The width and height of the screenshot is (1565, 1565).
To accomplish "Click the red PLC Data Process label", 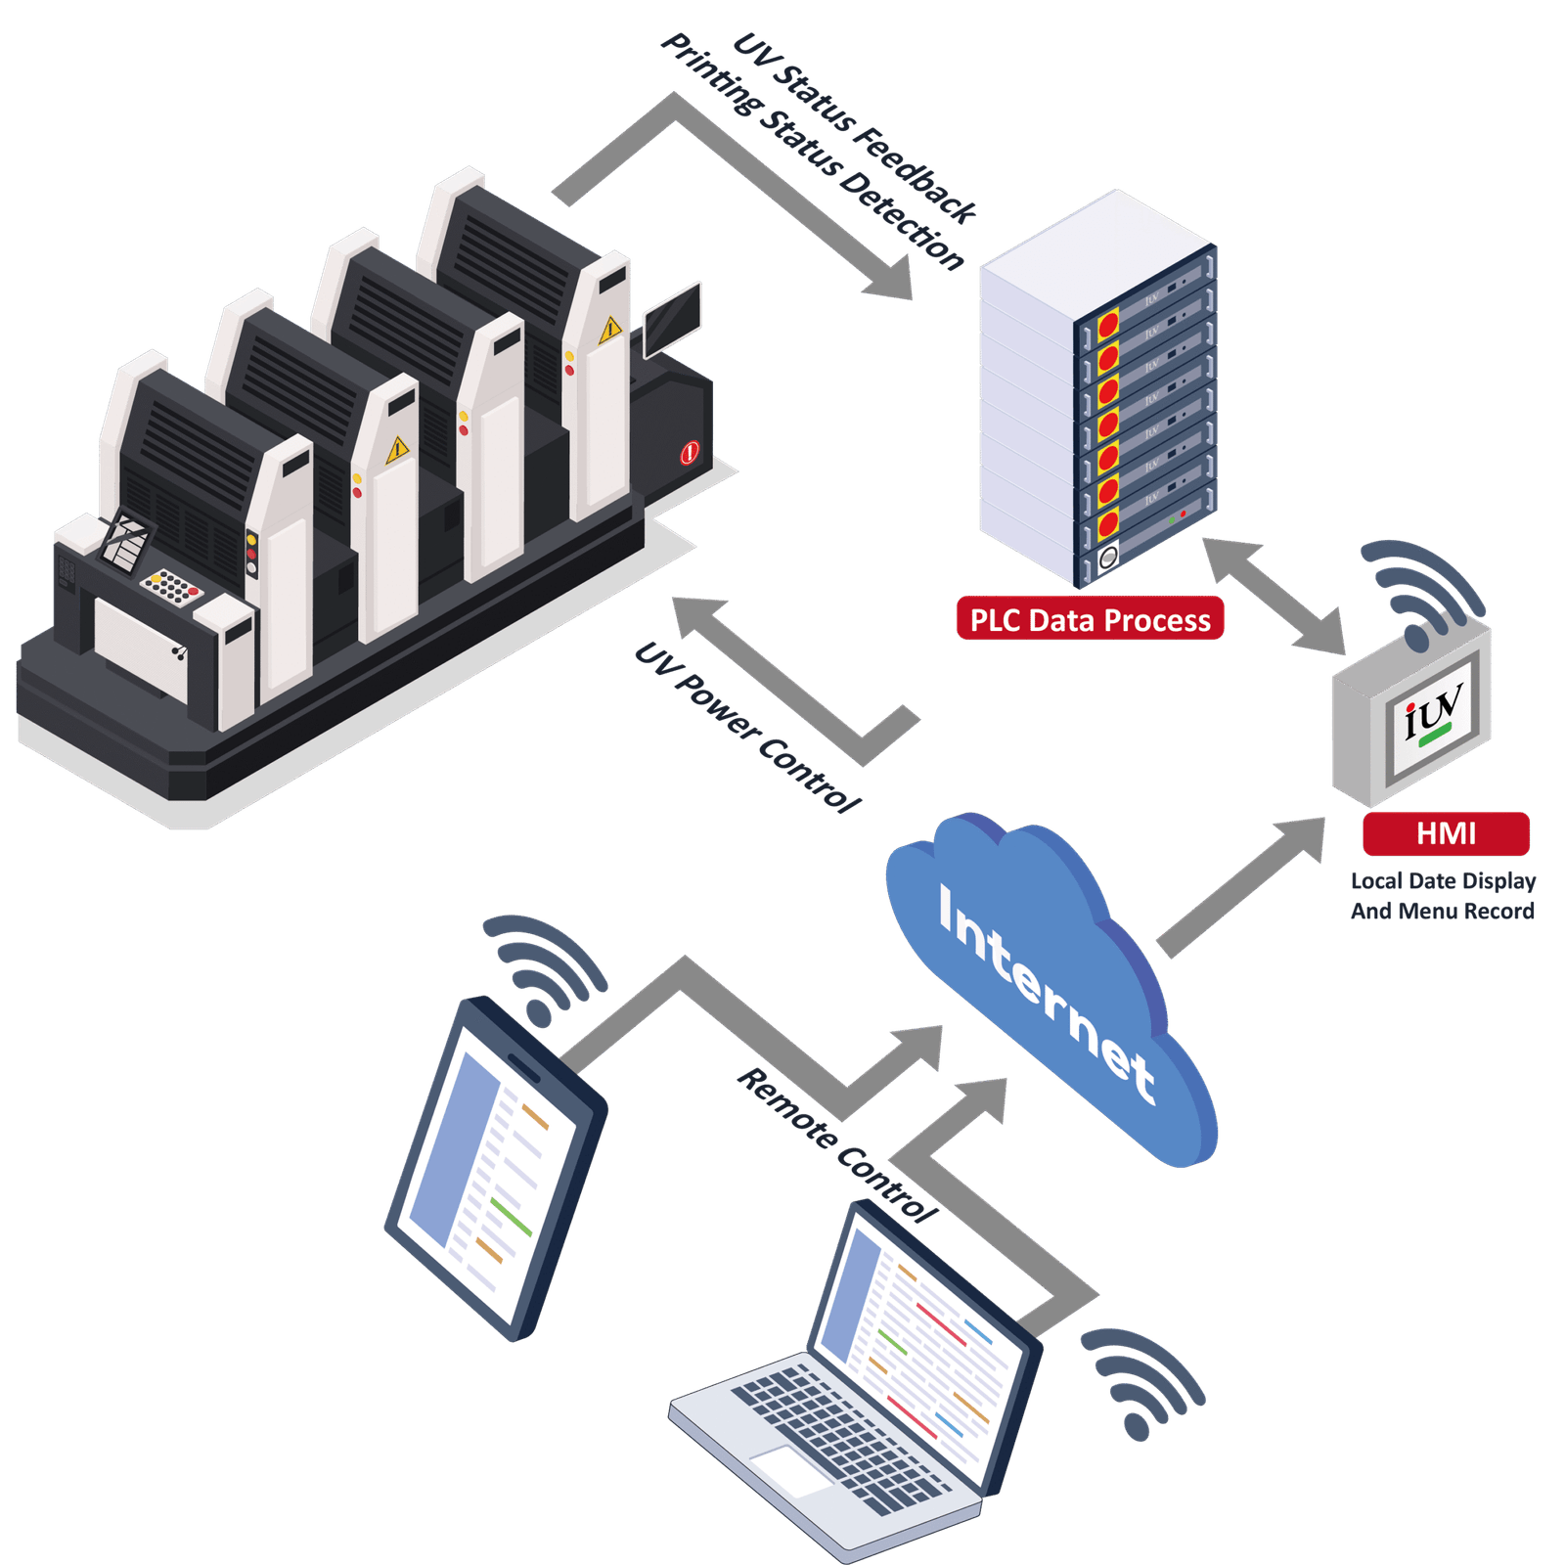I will tap(1090, 620).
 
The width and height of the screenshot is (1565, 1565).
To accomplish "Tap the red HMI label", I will tap(1446, 833).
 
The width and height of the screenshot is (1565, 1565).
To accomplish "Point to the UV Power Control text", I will tap(748, 730).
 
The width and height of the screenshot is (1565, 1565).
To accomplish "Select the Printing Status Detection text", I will tap(812, 152).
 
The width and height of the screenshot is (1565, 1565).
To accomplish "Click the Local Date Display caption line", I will tap(1443, 880).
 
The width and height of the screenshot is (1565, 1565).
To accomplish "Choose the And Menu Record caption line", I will tap(1443, 912).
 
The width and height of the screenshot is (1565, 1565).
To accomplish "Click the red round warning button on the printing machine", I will tap(691, 452).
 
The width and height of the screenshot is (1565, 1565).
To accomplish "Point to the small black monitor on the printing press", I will tap(673, 318).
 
